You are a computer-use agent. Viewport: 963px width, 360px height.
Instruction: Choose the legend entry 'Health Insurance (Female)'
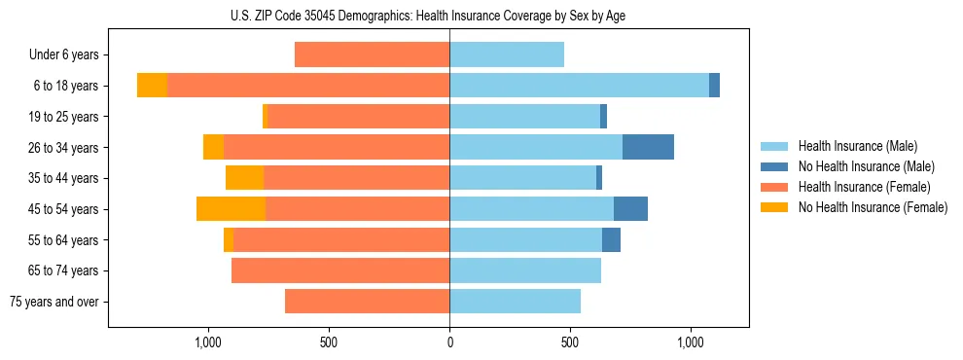click(x=864, y=187)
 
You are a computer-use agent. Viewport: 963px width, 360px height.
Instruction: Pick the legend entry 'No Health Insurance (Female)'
click(x=872, y=207)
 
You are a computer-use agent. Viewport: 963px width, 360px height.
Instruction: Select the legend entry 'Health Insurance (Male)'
click(x=857, y=146)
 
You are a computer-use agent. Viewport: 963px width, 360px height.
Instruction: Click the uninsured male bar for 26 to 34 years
click(x=648, y=148)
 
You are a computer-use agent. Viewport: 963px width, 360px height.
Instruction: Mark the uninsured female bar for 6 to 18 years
click(x=152, y=86)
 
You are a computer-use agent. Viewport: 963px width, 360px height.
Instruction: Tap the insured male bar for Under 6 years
click(x=507, y=55)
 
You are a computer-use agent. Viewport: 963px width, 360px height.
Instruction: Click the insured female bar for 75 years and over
click(x=367, y=302)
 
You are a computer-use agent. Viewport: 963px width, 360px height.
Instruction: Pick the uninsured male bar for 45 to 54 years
click(x=630, y=209)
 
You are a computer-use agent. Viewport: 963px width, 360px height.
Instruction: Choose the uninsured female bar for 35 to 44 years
click(x=244, y=178)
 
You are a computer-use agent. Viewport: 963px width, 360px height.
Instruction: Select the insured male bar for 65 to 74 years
click(x=525, y=270)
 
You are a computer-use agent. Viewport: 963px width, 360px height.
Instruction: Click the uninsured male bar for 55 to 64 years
click(x=611, y=240)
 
